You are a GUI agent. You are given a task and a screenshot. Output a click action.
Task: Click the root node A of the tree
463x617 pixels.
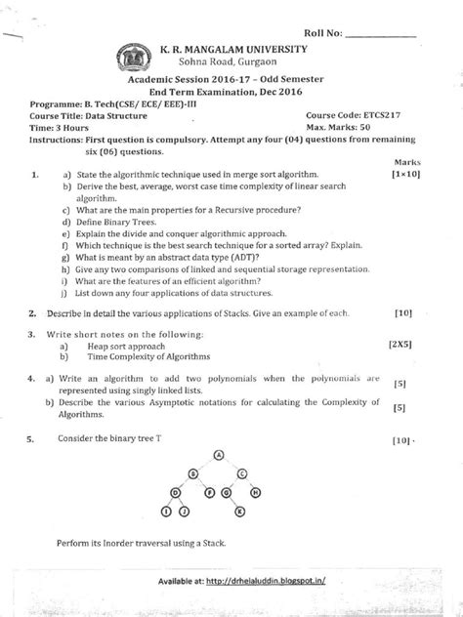click(x=219, y=454)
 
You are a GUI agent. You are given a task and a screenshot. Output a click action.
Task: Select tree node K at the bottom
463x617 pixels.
click(x=238, y=511)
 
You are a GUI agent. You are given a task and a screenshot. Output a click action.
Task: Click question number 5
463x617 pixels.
click(x=33, y=440)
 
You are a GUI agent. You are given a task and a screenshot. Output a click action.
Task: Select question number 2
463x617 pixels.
click(x=33, y=314)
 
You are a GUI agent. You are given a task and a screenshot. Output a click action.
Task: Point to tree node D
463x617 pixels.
click(x=176, y=492)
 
